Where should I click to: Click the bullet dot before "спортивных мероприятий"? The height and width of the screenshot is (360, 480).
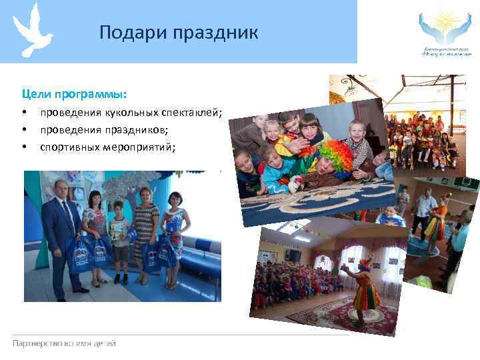click(x=24, y=145)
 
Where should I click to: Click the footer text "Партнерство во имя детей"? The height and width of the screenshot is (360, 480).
click(x=64, y=343)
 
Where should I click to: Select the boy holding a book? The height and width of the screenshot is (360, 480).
click(x=120, y=240)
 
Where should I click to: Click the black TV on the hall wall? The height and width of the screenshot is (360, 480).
click(x=293, y=255)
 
